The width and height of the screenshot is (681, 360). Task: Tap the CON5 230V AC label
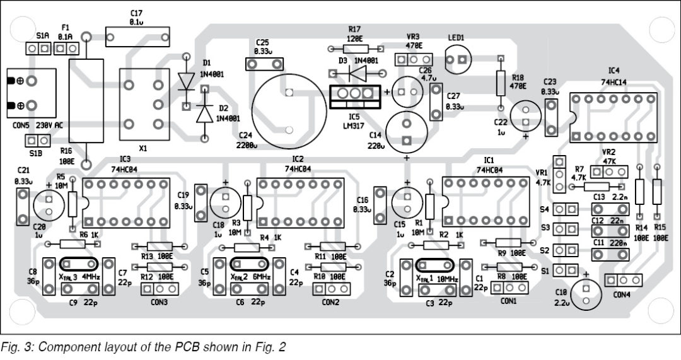41,125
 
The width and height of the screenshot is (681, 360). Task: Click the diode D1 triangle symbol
187,81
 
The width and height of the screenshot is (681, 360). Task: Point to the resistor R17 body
355,48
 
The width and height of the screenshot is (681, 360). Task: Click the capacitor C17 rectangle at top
138,35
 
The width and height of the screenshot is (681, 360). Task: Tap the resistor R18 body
501,82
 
